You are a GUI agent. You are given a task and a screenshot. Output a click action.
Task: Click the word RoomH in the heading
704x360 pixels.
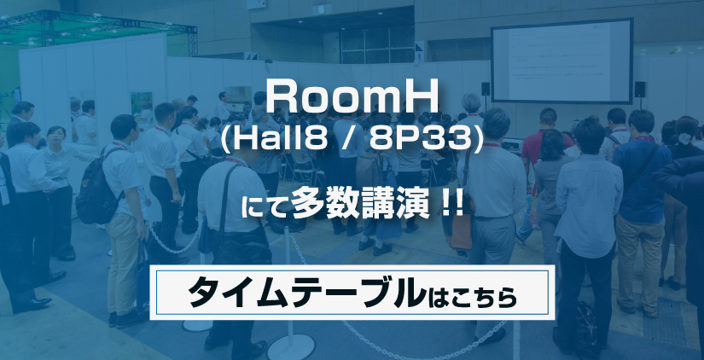click(x=352, y=99)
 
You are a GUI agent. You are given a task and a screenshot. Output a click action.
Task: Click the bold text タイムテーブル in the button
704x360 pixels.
click(x=306, y=293)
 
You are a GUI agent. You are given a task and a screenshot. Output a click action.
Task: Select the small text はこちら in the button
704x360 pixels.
click(x=472, y=295)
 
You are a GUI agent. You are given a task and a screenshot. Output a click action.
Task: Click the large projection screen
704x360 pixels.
click(x=561, y=61)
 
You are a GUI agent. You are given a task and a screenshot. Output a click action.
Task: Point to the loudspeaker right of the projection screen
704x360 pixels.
click(x=640, y=90)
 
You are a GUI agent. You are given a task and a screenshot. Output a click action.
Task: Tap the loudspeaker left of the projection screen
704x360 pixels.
click(x=486, y=89)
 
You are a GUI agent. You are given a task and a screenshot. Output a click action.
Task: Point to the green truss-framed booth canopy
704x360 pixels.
click(x=99, y=28)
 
